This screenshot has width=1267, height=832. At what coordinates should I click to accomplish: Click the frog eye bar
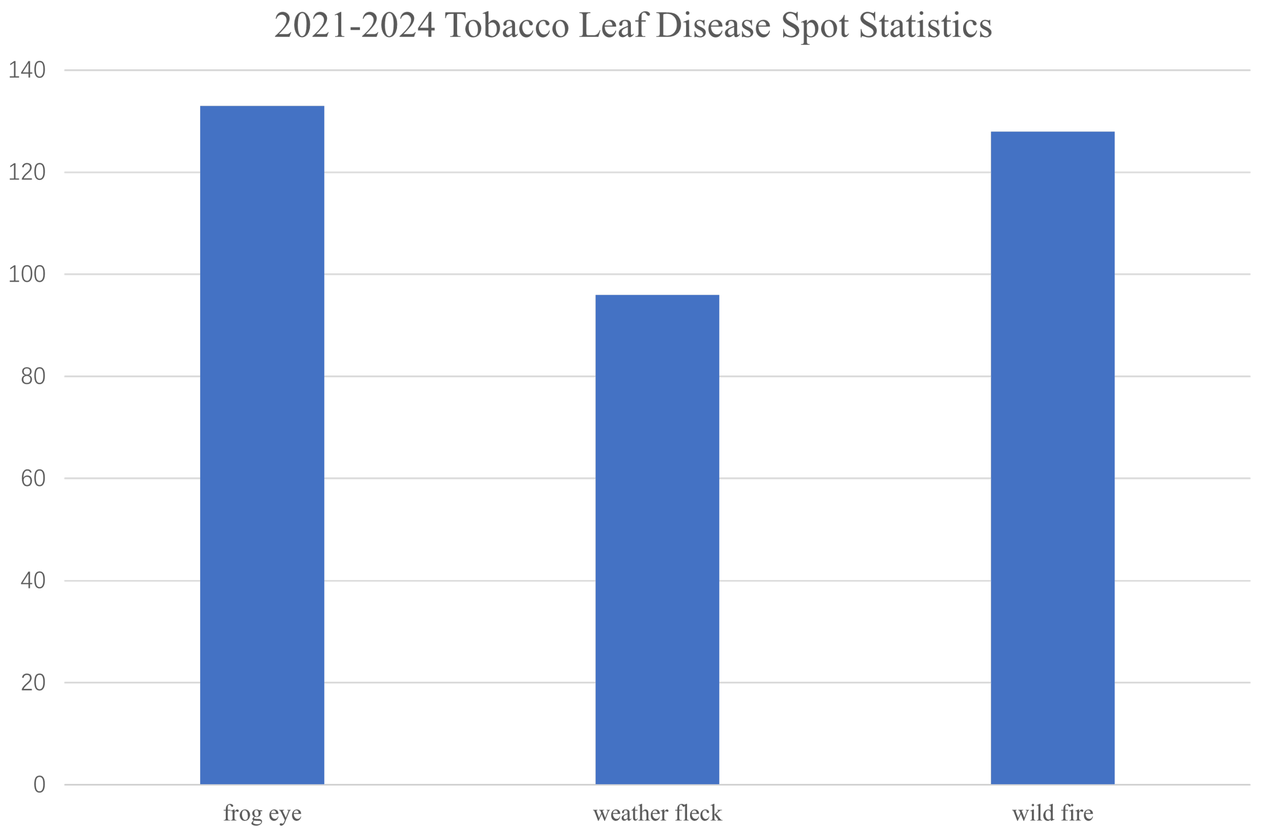[x=262, y=445]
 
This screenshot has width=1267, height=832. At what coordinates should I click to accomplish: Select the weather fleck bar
[x=657, y=539]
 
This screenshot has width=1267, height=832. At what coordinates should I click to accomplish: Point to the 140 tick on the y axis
[x=27, y=70]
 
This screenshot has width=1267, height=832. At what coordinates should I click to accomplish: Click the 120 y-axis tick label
[x=27, y=172]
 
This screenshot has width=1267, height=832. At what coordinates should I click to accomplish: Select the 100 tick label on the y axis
[x=27, y=275]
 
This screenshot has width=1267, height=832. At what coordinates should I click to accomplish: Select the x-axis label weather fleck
[x=657, y=813]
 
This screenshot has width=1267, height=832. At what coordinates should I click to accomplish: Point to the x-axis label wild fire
[x=1052, y=813]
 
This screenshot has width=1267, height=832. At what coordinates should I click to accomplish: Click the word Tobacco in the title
[x=506, y=26]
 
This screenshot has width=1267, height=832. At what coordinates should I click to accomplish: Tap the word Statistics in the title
[x=925, y=26]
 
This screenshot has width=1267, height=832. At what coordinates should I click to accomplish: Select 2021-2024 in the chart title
[x=355, y=26]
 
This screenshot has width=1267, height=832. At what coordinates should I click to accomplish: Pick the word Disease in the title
[x=713, y=26]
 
